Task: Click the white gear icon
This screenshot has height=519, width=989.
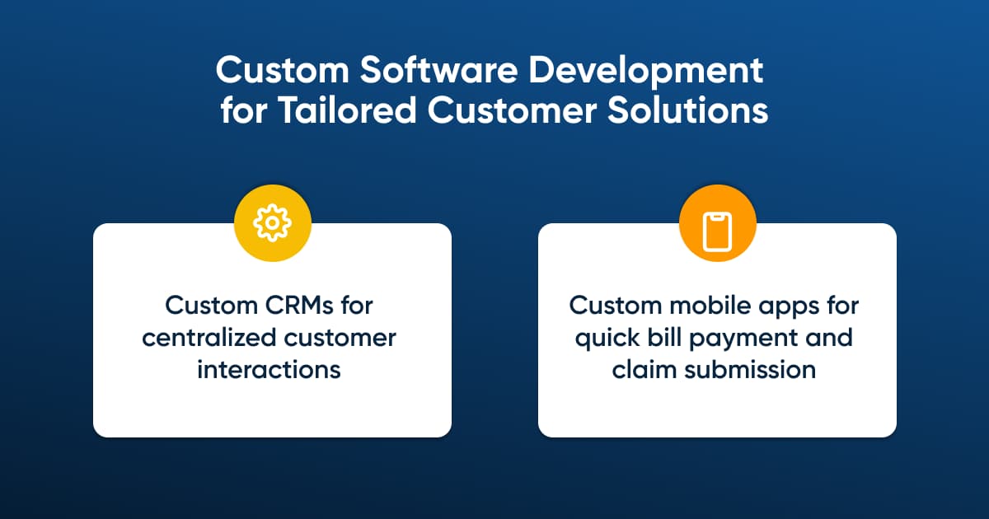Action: [272, 223]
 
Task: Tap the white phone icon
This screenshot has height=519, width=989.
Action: [717, 231]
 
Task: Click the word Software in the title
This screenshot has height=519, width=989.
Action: [438, 70]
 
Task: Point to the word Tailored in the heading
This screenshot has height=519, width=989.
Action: [347, 110]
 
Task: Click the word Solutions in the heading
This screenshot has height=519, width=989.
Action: [687, 110]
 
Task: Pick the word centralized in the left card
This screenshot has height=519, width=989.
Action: [209, 338]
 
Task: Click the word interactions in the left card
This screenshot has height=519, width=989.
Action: [269, 370]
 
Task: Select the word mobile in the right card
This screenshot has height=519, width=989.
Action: [710, 305]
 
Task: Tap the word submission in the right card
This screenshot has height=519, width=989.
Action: [750, 370]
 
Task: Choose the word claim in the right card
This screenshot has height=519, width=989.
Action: [644, 370]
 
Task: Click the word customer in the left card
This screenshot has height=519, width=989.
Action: [340, 338]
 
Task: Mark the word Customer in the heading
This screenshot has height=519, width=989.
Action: [512, 110]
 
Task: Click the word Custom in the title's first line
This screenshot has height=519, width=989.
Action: [283, 70]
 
